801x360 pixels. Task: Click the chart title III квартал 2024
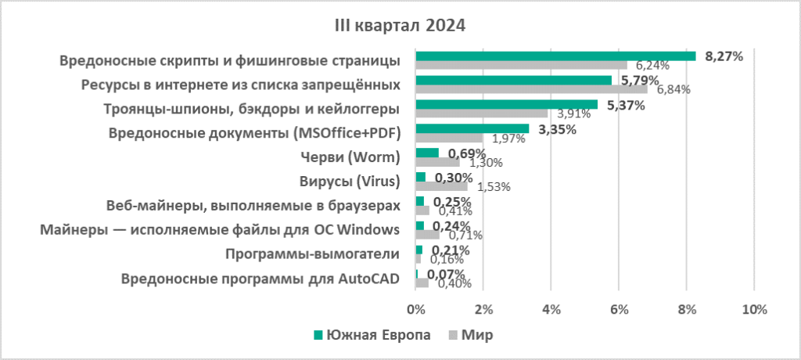[400, 25]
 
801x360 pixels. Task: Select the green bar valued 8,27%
[555, 56]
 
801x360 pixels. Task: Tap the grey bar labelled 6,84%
[531, 89]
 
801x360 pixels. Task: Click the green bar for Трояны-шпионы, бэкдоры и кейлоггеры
[506, 104]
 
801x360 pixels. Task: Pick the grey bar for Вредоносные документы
[449, 138]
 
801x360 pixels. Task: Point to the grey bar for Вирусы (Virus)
[441, 186]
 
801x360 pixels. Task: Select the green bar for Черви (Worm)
[427, 153]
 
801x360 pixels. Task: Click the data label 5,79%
[637, 81]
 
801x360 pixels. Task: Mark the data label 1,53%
[494, 187]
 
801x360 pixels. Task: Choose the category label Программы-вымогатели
[312, 254]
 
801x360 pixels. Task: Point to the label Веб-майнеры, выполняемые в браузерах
[253, 206]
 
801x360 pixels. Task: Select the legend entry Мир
[476, 335]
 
